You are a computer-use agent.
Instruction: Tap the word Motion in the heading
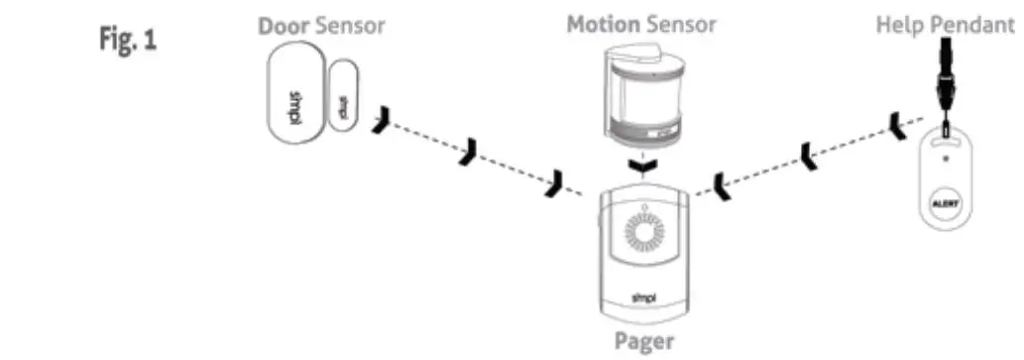pyautogui.click(x=604, y=24)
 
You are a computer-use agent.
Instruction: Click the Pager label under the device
pyautogui.click(x=645, y=342)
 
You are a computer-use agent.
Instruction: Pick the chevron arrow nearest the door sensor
pyautogui.click(x=383, y=122)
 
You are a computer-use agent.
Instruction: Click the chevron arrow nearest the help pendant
pyautogui.click(x=899, y=125)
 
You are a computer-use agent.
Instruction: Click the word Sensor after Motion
pyautogui.click(x=681, y=24)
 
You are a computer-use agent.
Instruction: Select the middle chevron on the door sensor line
pyautogui.click(x=468, y=152)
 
